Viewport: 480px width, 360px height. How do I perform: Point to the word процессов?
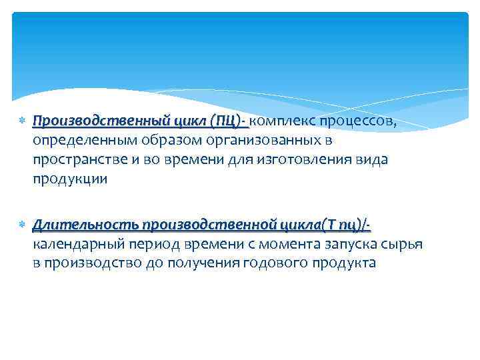coord(358,121)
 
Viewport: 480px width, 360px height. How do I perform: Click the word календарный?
coord(75,244)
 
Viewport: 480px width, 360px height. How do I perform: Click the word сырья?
coord(403,244)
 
